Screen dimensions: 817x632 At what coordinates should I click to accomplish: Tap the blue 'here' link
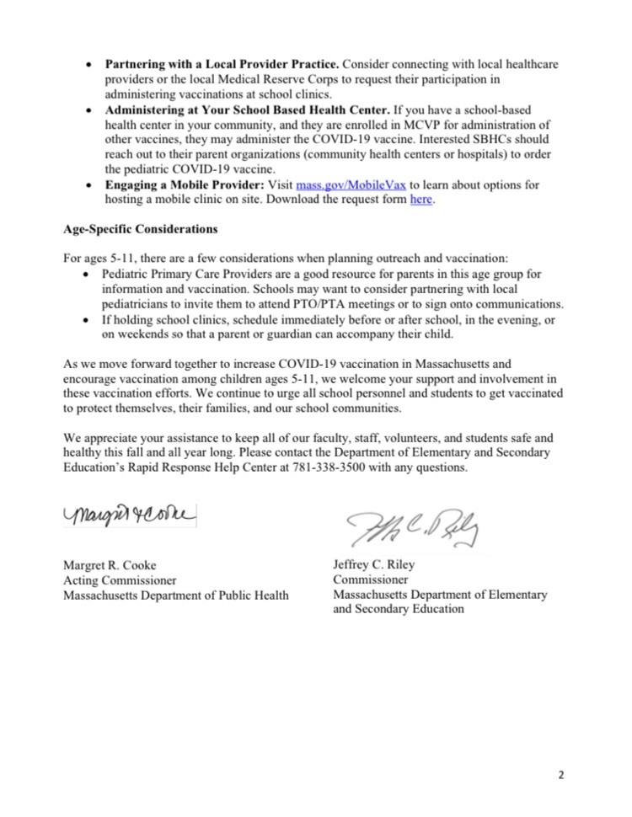(420, 199)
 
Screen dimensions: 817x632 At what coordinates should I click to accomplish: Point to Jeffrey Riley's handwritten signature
(413, 529)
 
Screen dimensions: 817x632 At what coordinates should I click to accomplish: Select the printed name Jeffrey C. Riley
(373, 565)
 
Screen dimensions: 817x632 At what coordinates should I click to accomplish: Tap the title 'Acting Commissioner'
(120, 580)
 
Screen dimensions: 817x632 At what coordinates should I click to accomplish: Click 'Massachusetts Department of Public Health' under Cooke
(175, 595)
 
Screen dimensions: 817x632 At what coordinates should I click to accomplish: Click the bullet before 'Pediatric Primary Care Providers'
(91, 275)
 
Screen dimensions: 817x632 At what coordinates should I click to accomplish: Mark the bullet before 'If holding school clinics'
(91, 319)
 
